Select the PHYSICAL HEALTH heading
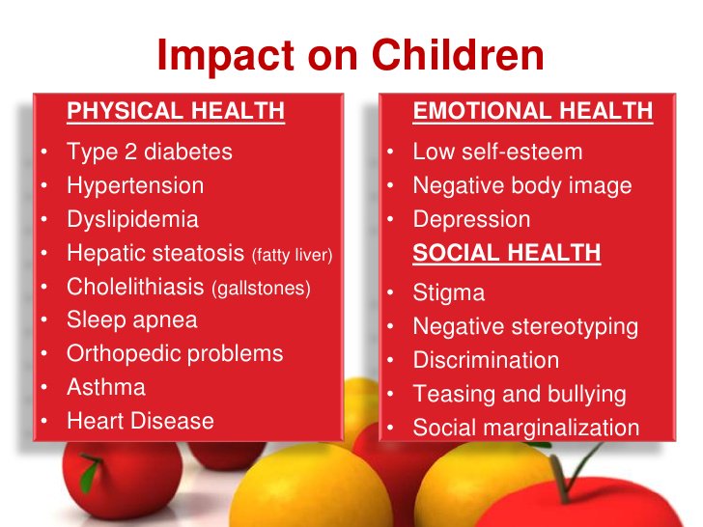(175, 112)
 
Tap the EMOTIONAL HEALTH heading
(532, 112)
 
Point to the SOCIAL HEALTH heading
(507, 253)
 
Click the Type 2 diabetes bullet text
(149, 152)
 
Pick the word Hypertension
(135, 185)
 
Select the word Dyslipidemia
(132, 219)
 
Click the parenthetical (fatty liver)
(292, 255)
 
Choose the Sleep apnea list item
(131, 319)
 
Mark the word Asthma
(106, 387)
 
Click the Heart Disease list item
(140, 421)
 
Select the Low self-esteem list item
(497, 152)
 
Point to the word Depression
(471, 219)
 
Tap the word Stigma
(448, 292)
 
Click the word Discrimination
(486, 360)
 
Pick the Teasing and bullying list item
(520, 394)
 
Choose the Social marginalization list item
(526, 428)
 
